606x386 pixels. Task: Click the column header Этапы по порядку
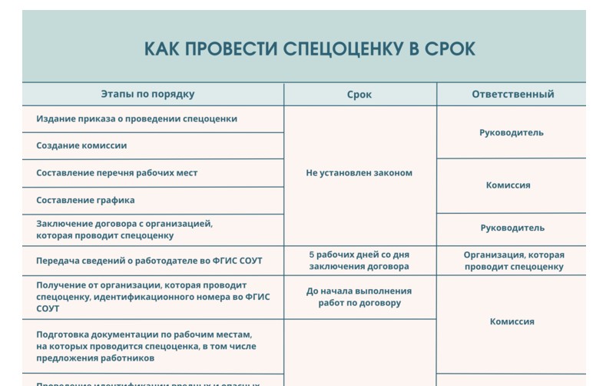click(147, 95)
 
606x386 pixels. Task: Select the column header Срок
click(359, 95)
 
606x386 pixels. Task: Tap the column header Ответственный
click(512, 95)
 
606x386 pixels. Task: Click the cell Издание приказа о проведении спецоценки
click(137, 119)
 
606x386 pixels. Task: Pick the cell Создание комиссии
click(81, 145)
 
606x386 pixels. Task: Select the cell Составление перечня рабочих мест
click(117, 173)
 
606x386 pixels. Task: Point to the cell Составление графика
click(85, 200)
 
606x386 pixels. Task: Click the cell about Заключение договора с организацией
click(124, 229)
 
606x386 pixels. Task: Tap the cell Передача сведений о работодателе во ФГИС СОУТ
click(149, 261)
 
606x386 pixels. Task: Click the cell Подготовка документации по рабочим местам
click(146, 346)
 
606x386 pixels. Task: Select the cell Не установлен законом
click(359, 173)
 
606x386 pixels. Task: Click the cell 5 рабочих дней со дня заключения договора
click(359, 261)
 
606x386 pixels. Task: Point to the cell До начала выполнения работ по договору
click(359, 297)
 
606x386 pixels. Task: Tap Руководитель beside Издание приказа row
click(512, 132)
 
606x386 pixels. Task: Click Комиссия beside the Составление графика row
click(508, 185)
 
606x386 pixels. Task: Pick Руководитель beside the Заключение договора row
click(512, 228)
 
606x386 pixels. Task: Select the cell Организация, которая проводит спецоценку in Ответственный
click(514, 261)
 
